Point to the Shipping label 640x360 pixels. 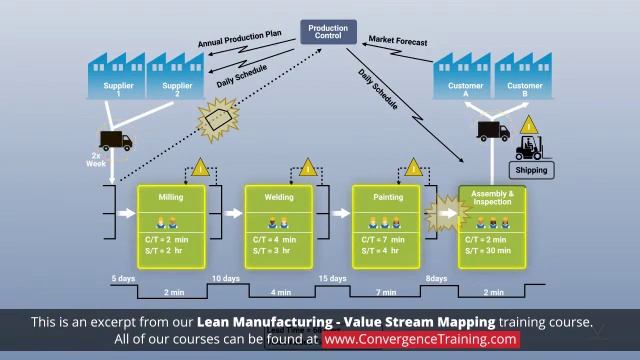pos(532,170)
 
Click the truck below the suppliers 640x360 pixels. pos(115,141)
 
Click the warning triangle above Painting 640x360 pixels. pos(412,168)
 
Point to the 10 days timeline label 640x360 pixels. pos(225,277)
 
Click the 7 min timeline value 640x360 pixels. pos(385,293)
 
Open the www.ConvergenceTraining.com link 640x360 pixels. pos(421,339)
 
